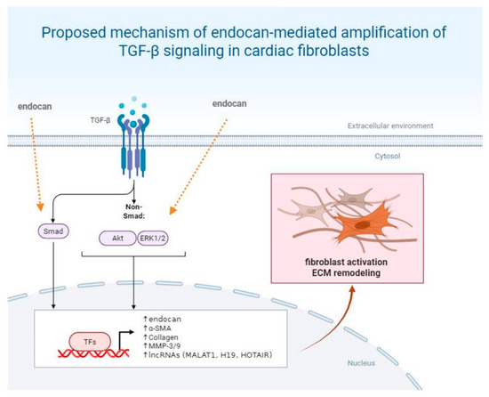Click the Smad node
53,231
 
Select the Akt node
118,239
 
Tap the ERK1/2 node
153,239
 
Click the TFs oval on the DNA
90,342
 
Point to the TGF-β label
100,120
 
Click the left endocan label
35,107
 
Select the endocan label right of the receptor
229,103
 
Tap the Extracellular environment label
390,126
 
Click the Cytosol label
388,156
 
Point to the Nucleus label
362,363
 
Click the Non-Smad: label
134,211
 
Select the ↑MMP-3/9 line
162,345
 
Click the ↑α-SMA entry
157,328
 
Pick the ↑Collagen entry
161,337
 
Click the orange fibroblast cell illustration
364,223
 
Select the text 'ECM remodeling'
346,272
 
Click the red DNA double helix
93,353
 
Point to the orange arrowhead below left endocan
40,207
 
